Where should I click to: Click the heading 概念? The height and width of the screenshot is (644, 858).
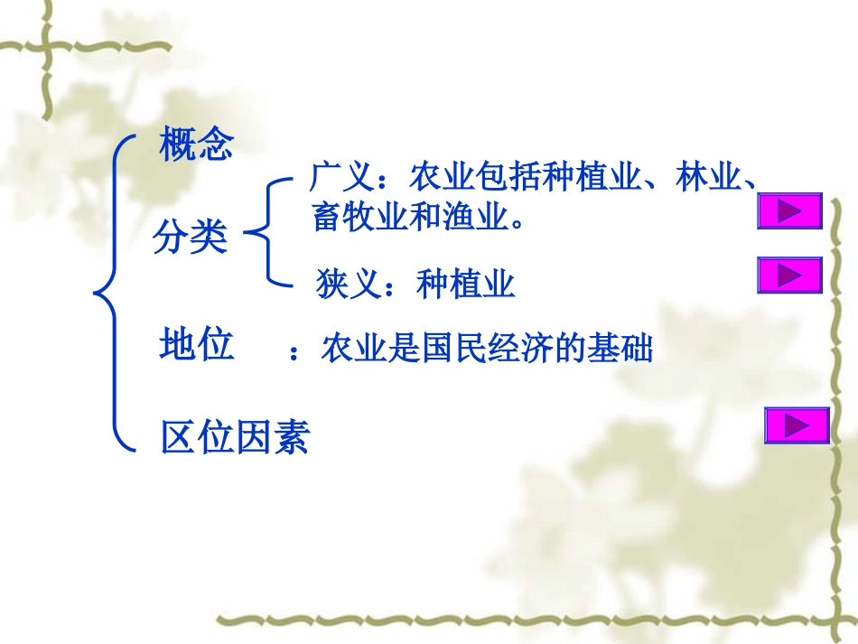click(x=196, y=144)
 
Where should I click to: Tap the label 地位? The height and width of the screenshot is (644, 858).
click(x=196, y=344)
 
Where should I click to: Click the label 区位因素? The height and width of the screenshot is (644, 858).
click(x=235, y=438)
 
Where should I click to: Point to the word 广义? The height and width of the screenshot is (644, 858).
click(x=340, y=177)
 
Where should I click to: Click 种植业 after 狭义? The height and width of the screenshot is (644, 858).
click(x=466, y=285)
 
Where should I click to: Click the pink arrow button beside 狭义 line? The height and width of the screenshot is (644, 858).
click(x=788, y=275)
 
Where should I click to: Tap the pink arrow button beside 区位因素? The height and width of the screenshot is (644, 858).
click(x=796, y=425)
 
